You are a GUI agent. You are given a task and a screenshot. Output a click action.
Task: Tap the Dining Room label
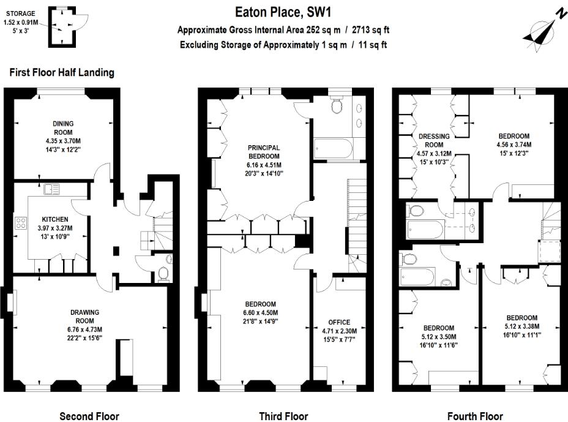(x=62, y=127)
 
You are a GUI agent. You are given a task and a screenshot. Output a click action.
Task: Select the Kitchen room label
(x=55, y=219)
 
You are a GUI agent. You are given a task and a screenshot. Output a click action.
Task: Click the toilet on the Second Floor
(x=162, y=272)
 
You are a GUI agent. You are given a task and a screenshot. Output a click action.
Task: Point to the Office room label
(x=339, y=322)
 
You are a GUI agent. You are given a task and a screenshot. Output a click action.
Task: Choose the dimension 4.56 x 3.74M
(x=514, y=145)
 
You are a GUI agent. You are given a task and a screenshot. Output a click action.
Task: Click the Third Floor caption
(x=283, y=416)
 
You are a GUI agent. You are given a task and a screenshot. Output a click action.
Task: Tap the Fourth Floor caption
(x=475, y=416)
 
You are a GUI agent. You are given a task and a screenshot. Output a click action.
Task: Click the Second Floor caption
(x=89, y=416)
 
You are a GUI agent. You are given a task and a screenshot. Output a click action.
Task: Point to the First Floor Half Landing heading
(x=62, y=72)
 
